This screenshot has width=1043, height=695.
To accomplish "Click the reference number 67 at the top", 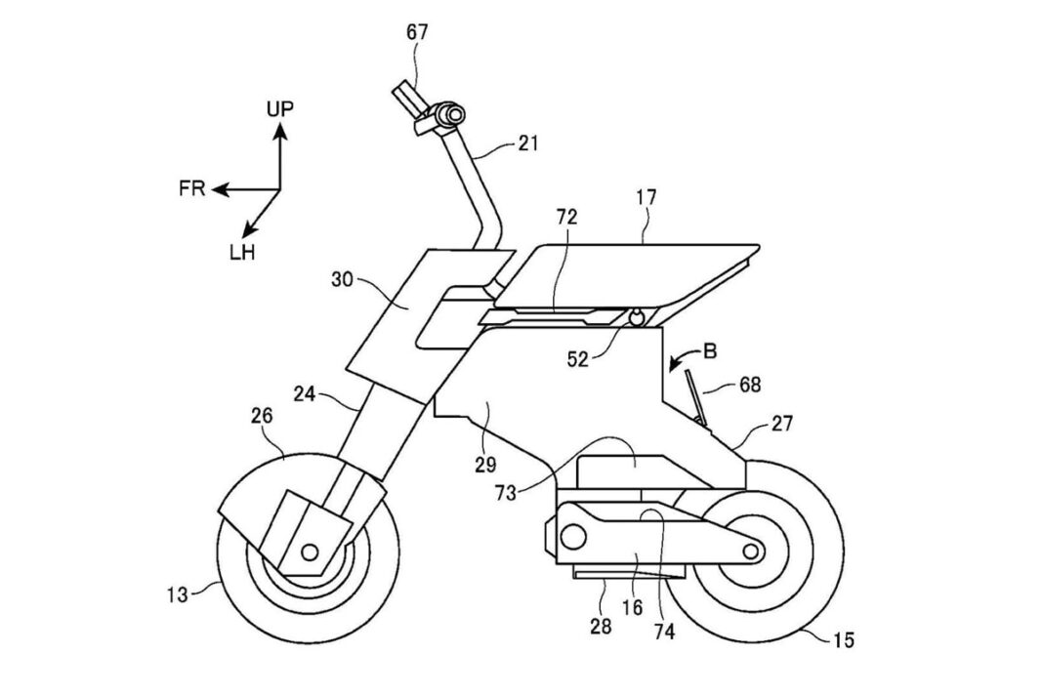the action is click(x=417, y=32).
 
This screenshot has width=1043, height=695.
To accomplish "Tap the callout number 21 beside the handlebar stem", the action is click(x=527, y=143).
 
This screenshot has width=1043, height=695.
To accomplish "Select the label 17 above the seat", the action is click(x=646, y=197).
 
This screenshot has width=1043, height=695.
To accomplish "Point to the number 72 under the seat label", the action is click(x=566, y=217).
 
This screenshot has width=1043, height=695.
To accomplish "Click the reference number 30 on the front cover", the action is click(x=342, y=280).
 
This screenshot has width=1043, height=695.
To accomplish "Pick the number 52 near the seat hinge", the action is click(x=577, y=359).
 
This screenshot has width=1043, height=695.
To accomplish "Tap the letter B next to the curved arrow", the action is click(x=710, y=351).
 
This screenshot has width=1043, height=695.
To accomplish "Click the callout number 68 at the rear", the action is click(x=749, y=385).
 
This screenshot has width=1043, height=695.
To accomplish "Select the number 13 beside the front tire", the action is click(x=178, y=593).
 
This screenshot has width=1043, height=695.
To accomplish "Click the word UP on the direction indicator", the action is click(x=280, y=108).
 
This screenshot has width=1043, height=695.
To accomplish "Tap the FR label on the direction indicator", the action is click(x=191, y=189).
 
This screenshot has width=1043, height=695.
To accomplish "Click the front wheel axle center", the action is click(x=309, y=552).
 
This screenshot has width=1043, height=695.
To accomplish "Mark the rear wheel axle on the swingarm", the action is click(x=751, y=551).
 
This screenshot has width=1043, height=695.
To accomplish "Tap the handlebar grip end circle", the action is click(x=455, y=114).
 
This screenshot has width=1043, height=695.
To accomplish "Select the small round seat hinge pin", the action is click(x=637, y=318).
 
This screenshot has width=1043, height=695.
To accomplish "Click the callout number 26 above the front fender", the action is click(x=262, y=416).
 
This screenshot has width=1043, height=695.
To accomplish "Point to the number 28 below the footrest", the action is click(x=600, y=626).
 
